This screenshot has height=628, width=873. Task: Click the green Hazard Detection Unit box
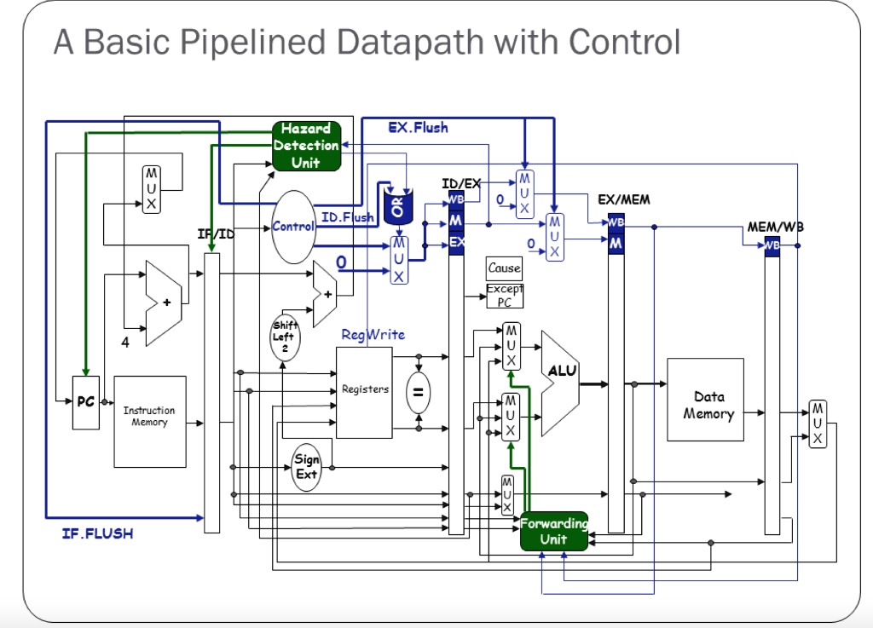(306, 145)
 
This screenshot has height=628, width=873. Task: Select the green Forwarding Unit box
(553, 531)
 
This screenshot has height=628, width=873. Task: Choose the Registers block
(364, 392)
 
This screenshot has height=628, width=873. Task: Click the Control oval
(292, 226)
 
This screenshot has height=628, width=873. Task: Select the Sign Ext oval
(306, 466)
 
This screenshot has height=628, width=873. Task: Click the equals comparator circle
(418, 393)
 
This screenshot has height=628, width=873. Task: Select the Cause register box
(504, 268)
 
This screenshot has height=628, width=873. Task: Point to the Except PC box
(504, 296)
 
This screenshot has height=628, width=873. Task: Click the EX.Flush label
(418, 128)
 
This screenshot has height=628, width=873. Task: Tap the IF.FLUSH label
(97, 534)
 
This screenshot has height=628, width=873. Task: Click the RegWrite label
(373, 335)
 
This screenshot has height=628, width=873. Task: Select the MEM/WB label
(775, 228)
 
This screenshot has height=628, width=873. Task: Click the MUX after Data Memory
(817, 423)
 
